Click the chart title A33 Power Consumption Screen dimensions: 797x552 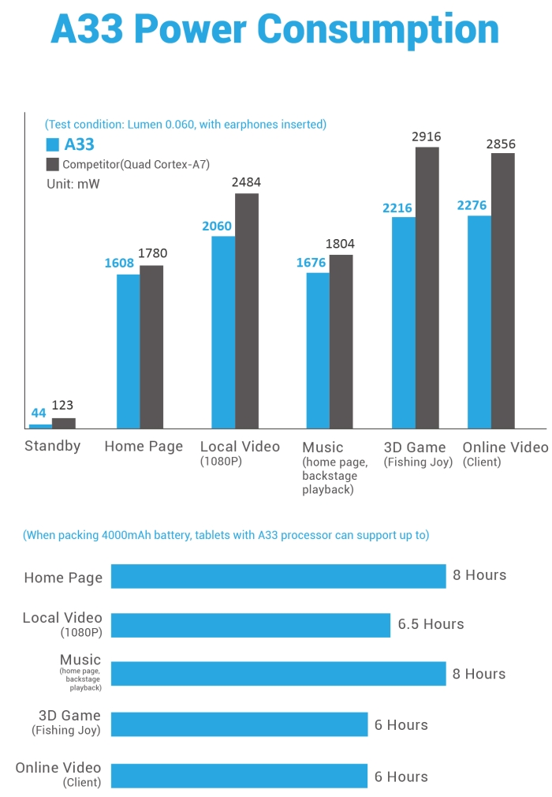(x=275, y=30)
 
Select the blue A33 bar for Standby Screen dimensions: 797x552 (x=40, y=426)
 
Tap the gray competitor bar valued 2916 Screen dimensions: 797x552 (x=427, y=287)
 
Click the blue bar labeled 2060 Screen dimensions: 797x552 (x=223, y=331)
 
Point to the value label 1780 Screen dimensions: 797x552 (x=152, y=253)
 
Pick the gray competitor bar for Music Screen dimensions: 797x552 (x=341, y=341)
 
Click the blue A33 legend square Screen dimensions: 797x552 (x=53, y=144)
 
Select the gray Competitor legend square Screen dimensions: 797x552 (x=53, y=164)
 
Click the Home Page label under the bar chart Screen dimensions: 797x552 (x=144, y=447)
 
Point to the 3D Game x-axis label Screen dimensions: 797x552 (x=415, y=447)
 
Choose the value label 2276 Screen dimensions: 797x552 (x=472, y=206)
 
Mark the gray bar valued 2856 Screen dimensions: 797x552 (x=503, y=290)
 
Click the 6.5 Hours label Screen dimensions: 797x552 (x=431, y=624)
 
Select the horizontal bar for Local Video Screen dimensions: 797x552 (x=251, y=625)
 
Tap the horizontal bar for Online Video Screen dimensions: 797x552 (x=239, y=776)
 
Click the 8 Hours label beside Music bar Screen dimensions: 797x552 (x=479, y=674)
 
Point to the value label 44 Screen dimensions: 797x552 (x=39, y=413)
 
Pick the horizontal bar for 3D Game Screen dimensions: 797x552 (x=239, y=724)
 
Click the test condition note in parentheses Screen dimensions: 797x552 (x=185, y=124)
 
